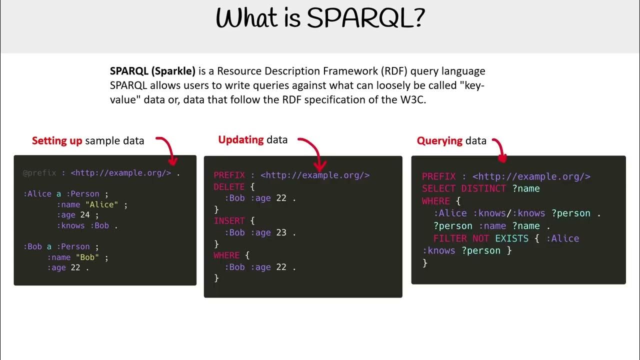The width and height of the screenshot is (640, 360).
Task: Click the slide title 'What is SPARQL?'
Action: point(320,19)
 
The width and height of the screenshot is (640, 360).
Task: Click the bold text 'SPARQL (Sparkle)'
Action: point(152,71)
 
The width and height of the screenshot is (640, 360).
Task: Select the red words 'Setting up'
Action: point(57,140)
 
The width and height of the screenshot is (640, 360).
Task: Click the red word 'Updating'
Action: point(241,139)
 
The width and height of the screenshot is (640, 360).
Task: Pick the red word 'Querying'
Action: point(439,141)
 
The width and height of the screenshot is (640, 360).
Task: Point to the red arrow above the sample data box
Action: point(168,149)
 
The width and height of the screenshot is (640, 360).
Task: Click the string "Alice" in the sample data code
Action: point(101,204)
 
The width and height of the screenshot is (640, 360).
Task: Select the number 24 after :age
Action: point(85,215)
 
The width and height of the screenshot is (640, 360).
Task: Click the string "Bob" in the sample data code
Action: point(87,257)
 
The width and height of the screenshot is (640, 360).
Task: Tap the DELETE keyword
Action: point(229,187)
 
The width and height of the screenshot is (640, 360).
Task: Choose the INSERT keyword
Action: point(229,221)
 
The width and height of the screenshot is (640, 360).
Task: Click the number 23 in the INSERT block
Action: point(281,232)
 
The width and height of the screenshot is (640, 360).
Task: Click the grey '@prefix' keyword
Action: point(39,173)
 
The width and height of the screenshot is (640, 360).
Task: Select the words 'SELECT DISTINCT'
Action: point(463,188)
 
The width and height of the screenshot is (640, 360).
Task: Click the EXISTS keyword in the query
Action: point(511,238)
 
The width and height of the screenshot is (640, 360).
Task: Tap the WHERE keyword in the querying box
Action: point(435,201)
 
